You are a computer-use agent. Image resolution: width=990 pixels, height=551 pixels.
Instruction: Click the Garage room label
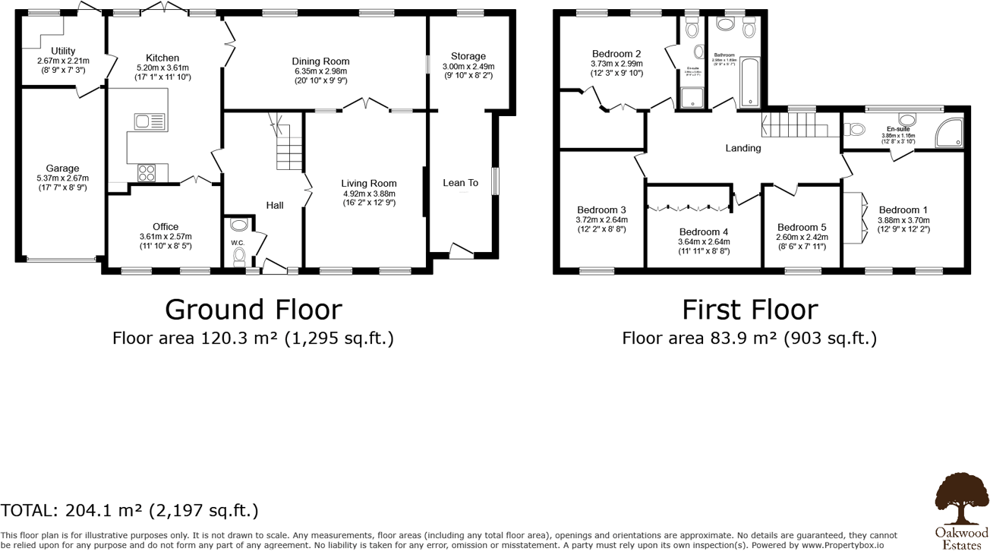(62, 168)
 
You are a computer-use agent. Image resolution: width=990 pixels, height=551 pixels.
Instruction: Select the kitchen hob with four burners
(147, 173)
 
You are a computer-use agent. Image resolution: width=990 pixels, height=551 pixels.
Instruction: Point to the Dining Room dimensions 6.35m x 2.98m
(321, 71)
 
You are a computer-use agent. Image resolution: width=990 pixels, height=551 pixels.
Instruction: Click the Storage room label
(468, 56)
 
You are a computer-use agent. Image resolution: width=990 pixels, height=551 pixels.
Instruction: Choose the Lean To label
(460, 183)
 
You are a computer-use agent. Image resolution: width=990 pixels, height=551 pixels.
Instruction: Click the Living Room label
(369, 183)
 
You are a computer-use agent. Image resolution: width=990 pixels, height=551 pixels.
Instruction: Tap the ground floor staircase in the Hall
(288, 147)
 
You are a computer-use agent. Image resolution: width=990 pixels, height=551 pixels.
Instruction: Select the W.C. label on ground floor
(237, 243)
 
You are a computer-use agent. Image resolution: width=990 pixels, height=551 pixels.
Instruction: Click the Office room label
(166, 226)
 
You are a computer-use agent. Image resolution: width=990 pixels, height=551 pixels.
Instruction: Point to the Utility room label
(63, 51)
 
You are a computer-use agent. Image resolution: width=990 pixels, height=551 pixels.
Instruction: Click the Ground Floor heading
(253, 310)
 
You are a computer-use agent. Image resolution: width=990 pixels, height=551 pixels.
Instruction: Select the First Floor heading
(749, 310)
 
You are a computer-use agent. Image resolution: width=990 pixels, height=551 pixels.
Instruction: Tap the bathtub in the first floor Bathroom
(750, 82)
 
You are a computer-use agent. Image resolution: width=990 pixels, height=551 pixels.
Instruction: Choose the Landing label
(742, 148)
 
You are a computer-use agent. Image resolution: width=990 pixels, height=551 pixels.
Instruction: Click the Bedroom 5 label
(802, 227)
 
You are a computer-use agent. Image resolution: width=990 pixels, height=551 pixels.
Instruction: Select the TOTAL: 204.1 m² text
(129, 510)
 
